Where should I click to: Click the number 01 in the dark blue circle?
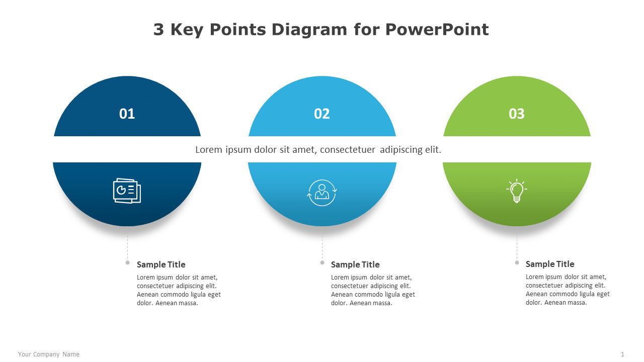(127, 114)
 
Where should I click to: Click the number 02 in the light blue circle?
(321, 114)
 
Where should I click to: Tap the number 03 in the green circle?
(516, 114)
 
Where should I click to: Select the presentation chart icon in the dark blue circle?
(127, 191)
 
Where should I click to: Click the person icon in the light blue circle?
(321, 193)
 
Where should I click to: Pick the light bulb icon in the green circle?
(516, 191)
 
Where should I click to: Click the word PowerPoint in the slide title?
(437, 30)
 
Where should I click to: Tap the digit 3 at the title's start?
(158, 30)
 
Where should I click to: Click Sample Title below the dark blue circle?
(161, 264)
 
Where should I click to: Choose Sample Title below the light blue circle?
(355, 264)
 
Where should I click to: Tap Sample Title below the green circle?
(549, 264)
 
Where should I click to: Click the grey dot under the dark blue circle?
(127, 262)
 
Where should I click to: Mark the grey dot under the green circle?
(517, 262)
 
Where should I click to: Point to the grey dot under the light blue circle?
(322, 262)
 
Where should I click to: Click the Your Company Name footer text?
(49, 354)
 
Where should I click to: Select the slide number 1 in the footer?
(622, 354)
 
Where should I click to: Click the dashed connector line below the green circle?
(517, 244)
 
